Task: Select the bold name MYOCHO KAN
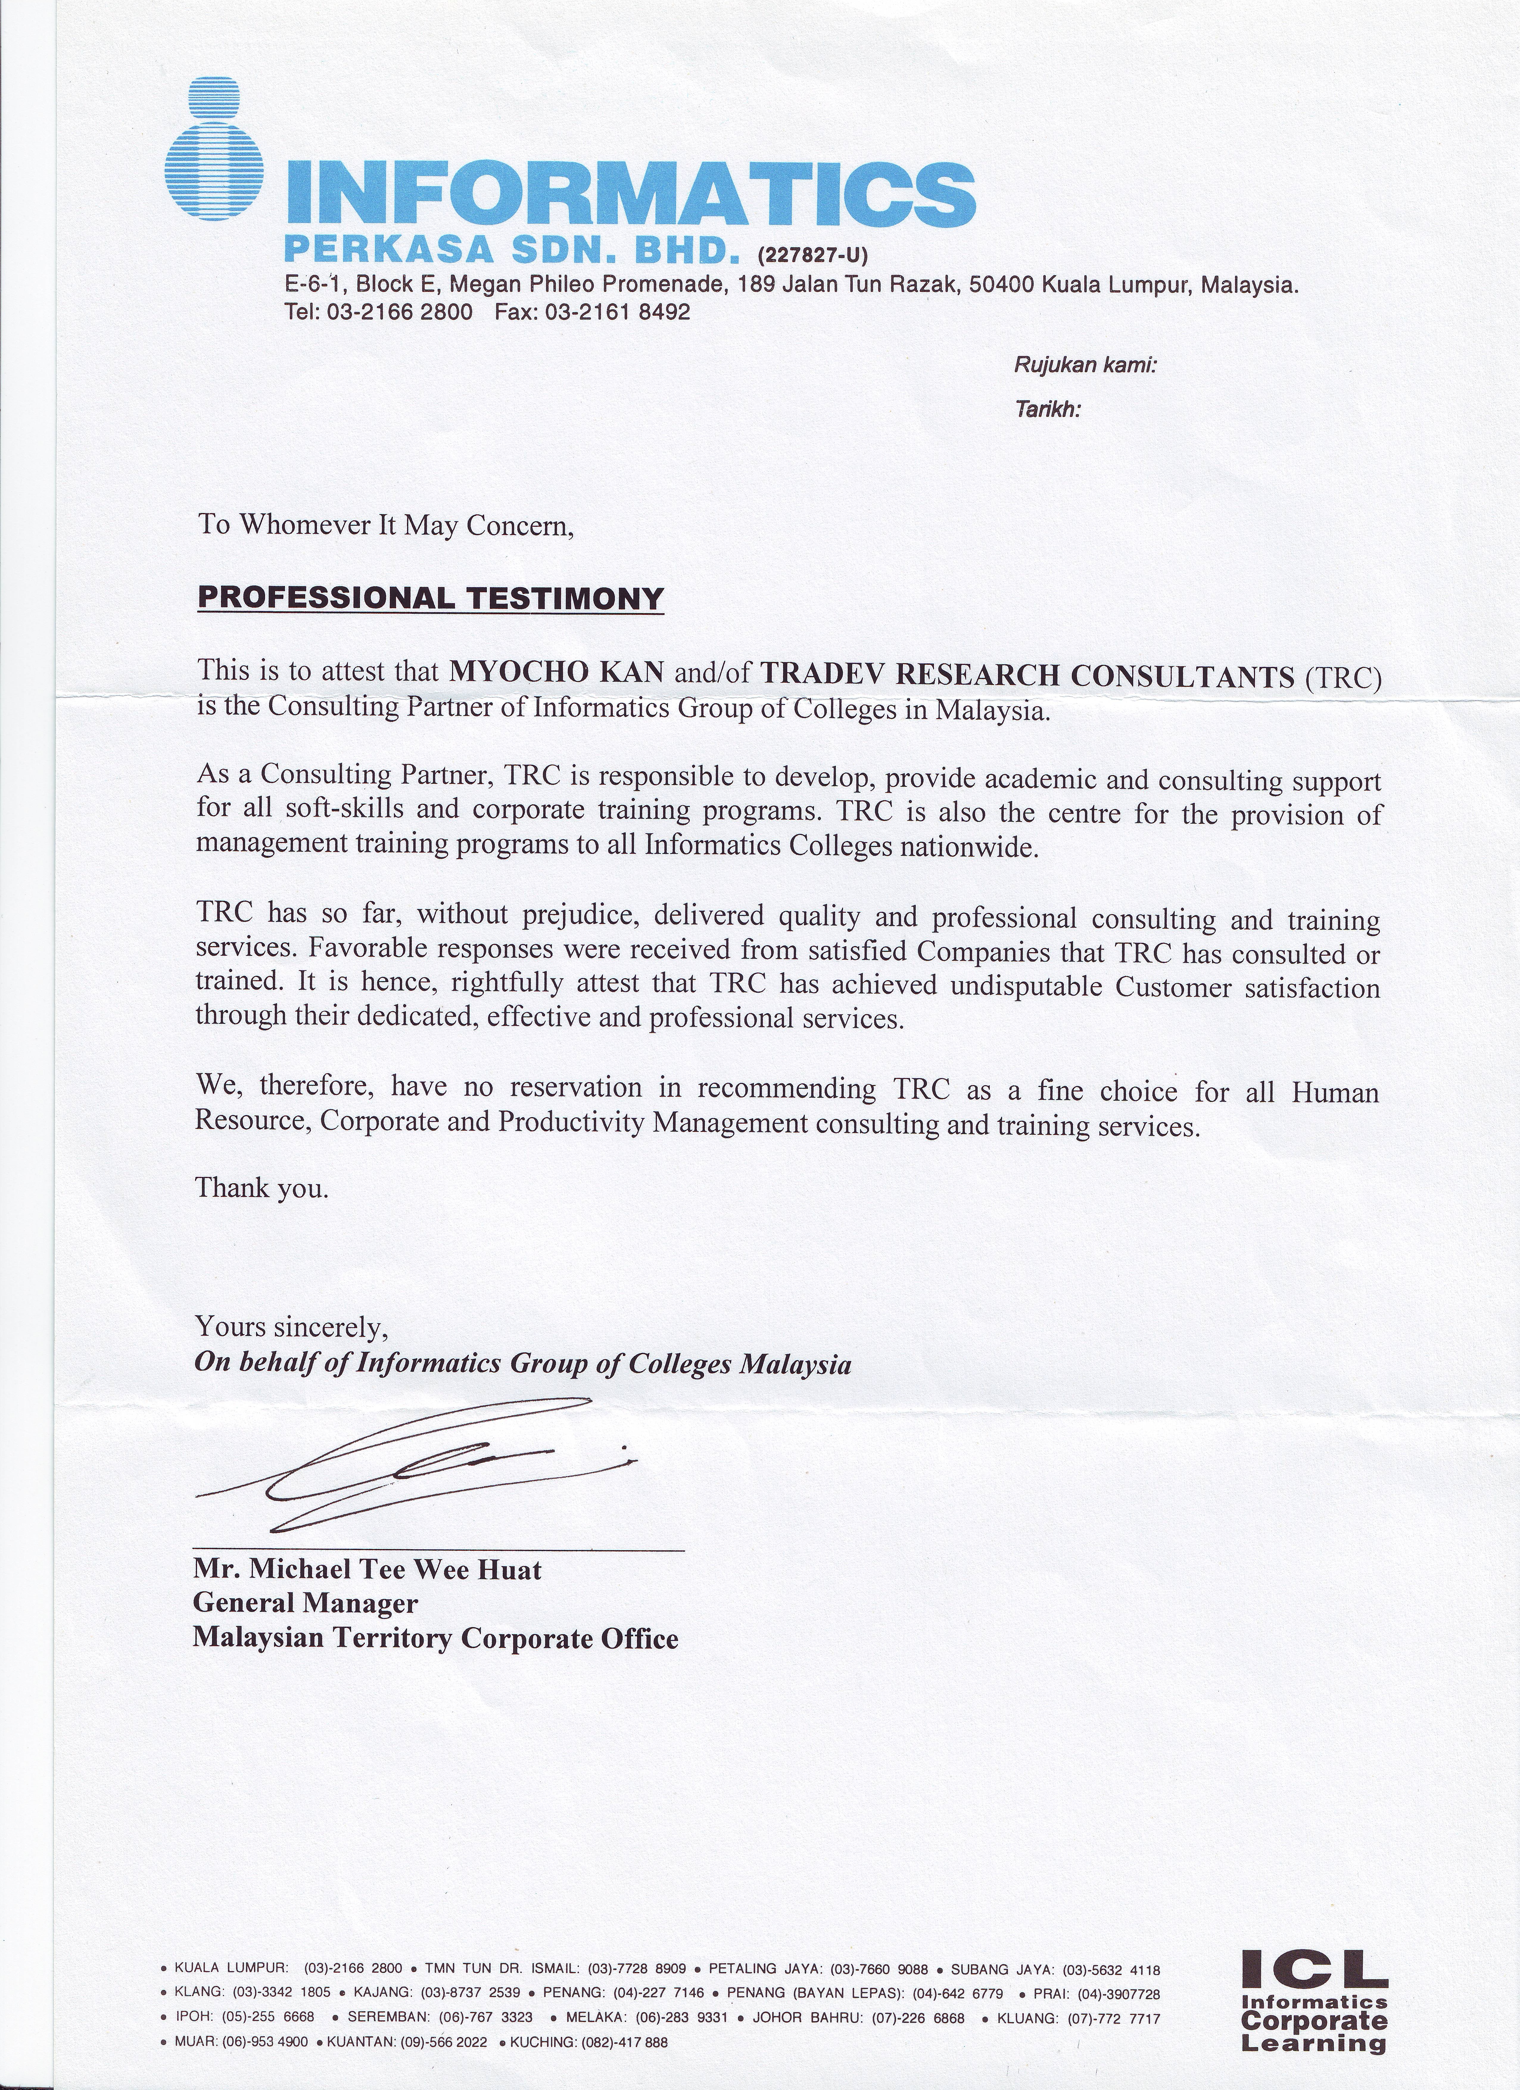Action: (556, 671)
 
